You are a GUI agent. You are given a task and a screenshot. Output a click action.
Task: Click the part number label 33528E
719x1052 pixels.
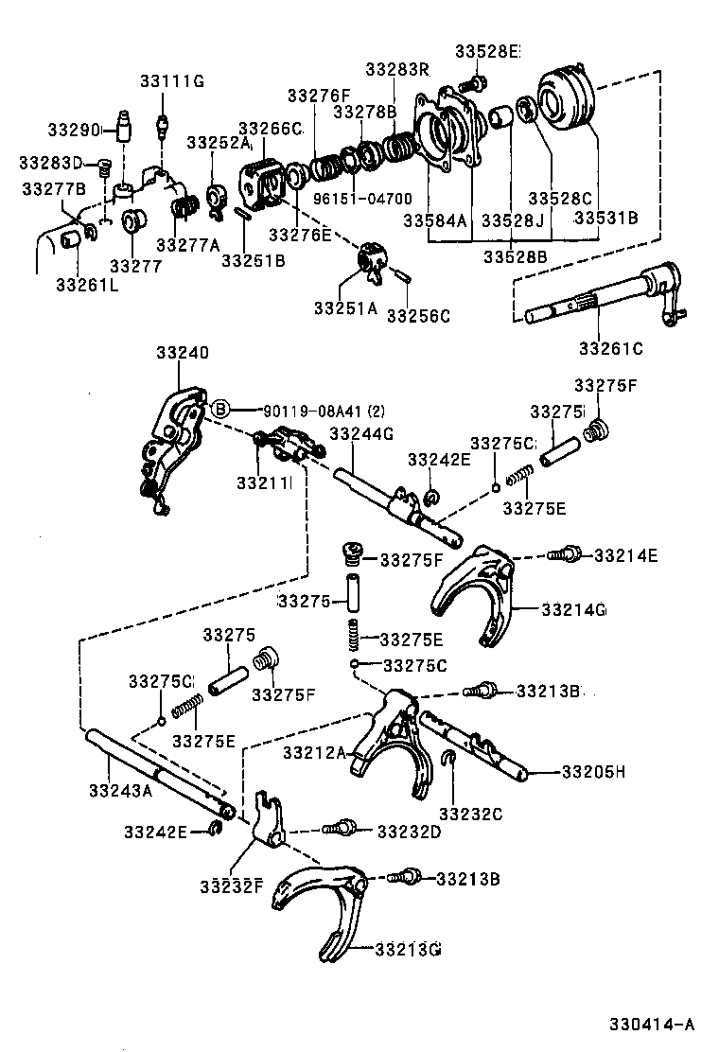(487, 51)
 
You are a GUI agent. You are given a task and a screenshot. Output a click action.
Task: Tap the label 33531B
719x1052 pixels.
(605, 217)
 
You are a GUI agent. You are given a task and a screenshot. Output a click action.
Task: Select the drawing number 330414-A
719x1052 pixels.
(652, 1024)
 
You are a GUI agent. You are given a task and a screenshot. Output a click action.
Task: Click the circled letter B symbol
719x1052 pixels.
(219, 409)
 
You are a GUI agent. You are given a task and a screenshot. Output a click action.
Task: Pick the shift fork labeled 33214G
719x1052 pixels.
(473, 591)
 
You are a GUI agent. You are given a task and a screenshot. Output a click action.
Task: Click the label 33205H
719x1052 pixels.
(593, 772)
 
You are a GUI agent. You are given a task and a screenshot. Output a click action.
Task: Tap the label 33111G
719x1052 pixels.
(172, 80)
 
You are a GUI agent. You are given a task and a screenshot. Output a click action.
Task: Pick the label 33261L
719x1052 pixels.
(86, 284)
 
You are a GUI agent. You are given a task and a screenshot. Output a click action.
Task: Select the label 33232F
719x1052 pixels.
(230, 885)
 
